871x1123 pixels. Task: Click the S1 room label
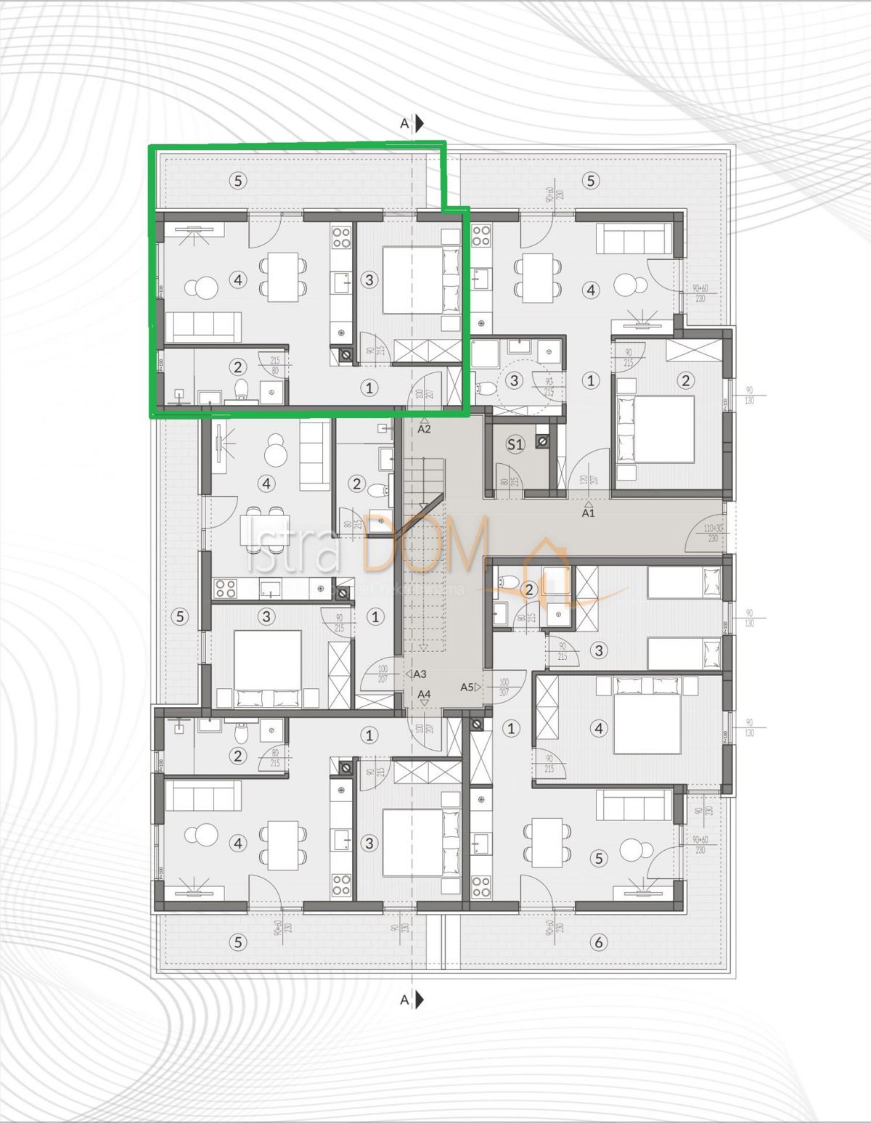coord(515,444)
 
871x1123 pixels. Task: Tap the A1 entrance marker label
coord(588,512)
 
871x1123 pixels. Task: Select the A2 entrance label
coord(425,428)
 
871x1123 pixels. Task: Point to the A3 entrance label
coord(420,674)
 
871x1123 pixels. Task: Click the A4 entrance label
coord(425,695)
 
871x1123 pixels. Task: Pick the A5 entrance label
coord(467,686)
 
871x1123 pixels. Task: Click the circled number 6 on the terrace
coord(598,942)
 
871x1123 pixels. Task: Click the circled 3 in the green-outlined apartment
coord(369,279)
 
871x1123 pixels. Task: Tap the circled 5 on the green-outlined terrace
coord(239,180)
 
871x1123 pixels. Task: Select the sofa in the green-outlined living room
coord(204,327)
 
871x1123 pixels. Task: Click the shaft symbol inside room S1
coord(541,441)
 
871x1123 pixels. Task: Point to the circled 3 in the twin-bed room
coord(598,650)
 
